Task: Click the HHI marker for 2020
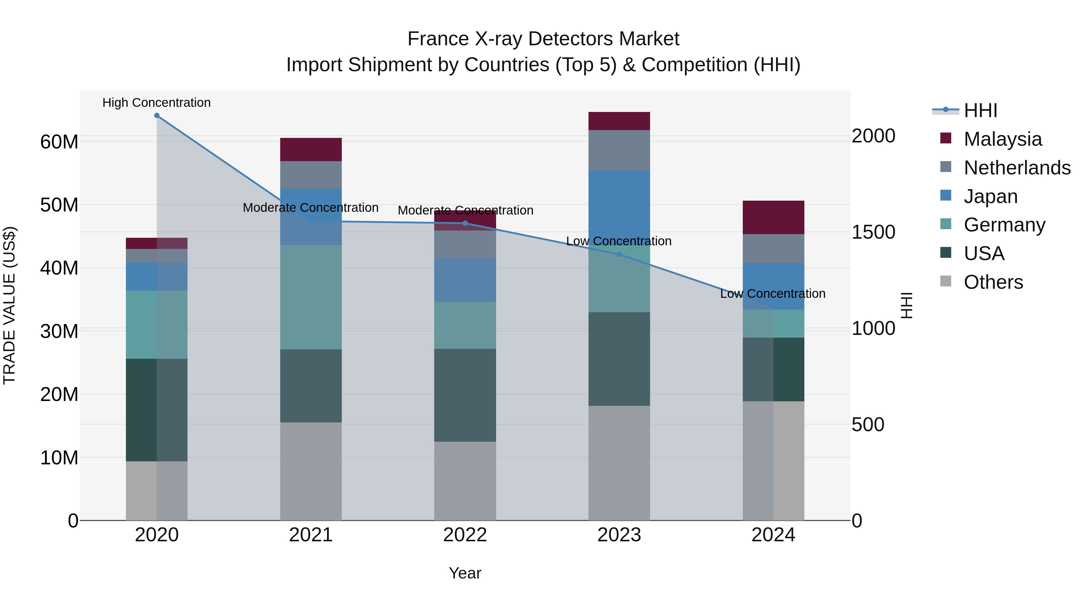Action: (156, 116)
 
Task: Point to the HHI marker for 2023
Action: (619, 254)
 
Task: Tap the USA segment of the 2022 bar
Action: (465, 395)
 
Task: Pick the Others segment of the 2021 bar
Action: (311, 471)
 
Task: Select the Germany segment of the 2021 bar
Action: (311, 297)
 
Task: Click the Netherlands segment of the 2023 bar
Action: (619, 150)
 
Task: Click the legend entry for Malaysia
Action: (1002, 139)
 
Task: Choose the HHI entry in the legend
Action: (980, 110)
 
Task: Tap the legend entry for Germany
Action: (1004, 225)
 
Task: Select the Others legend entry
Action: (993, 282)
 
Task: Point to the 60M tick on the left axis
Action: (59, 142)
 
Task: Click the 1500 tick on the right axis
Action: (873, 232)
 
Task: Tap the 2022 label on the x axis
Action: (465, 535)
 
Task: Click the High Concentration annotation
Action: (156, 103)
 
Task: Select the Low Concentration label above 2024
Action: (773, 294)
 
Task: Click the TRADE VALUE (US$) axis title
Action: (9, 305)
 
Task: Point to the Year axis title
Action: (465, 573)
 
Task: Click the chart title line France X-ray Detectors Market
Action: (543, 39)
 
